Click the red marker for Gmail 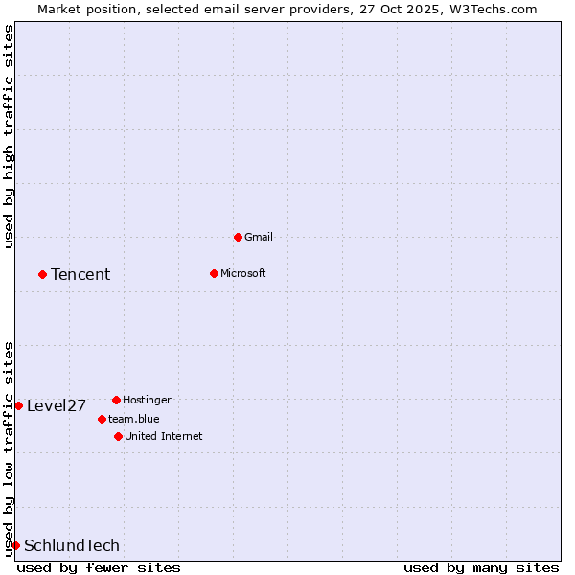(238, 237)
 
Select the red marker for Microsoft (214, 273)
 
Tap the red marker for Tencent (42, 274)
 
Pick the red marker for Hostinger (116, 400)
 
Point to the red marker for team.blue (102, 419)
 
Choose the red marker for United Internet (118, 436)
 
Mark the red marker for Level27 (18, 405)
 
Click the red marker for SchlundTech (15, 545)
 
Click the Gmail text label (259, 237)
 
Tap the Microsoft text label (243, 273)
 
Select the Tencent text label (80, 275)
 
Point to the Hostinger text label (147, 400)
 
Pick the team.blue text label (134, 419)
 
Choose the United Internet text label (163, 436)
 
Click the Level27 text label (57, 406)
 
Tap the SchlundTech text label (72, 546)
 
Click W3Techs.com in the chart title (492, 9)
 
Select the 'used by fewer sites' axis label (99, 567)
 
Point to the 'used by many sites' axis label (481, 567)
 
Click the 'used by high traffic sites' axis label (9, 136)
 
